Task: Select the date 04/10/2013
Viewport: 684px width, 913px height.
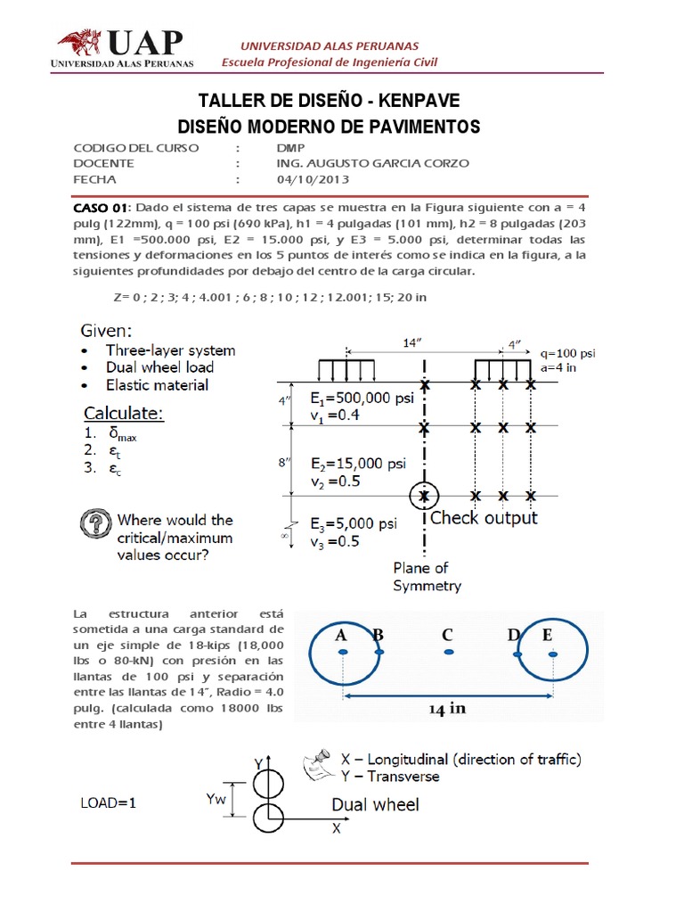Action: (x=309, y=178)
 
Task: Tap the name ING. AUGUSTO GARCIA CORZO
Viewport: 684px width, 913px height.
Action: (x=372, y=163)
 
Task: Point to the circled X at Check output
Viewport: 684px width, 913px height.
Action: (x=425, y=496)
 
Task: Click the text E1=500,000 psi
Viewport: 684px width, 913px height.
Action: (x=362, y=399)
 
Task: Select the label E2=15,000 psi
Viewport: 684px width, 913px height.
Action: (x=357, y=464)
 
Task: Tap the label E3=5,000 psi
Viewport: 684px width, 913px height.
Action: (x=354, y=523)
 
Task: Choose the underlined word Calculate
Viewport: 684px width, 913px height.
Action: (x=124, y=414)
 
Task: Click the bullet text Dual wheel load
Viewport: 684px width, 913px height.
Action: (x=159, y=367)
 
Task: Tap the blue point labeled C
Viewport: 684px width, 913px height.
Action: (x=448, y=653)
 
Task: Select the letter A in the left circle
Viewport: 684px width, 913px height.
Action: (x=341, y=636)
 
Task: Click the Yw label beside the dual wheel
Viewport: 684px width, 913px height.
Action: (x=215, y=799)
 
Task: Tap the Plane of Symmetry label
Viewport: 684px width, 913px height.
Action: (x=427, y=577)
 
